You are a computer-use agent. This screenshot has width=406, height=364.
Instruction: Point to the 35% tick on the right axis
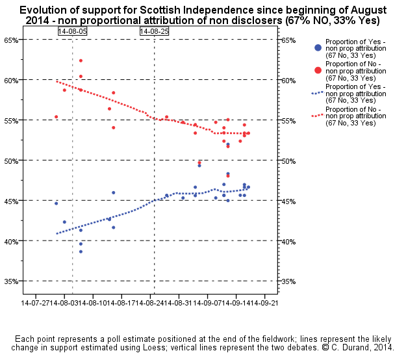[290, 281]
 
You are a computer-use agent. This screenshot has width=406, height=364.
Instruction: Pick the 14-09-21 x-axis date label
[262, 304]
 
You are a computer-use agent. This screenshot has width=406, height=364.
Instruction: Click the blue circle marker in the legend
[317, 47]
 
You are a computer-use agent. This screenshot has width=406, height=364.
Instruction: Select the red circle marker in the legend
[317, 70]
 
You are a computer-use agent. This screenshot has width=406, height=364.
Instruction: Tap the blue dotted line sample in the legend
[317, 92]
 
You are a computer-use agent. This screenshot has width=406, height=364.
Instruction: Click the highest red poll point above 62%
[81, 60]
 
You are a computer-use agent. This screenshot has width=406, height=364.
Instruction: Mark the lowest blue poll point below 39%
[81, 252]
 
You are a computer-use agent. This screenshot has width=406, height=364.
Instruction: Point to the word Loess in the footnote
[269, 348]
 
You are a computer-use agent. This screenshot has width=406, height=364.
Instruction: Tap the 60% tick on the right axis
[290, 81]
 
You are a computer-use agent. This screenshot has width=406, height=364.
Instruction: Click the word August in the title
[367, 10]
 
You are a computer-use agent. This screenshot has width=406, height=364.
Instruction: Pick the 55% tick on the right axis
[290, 121]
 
